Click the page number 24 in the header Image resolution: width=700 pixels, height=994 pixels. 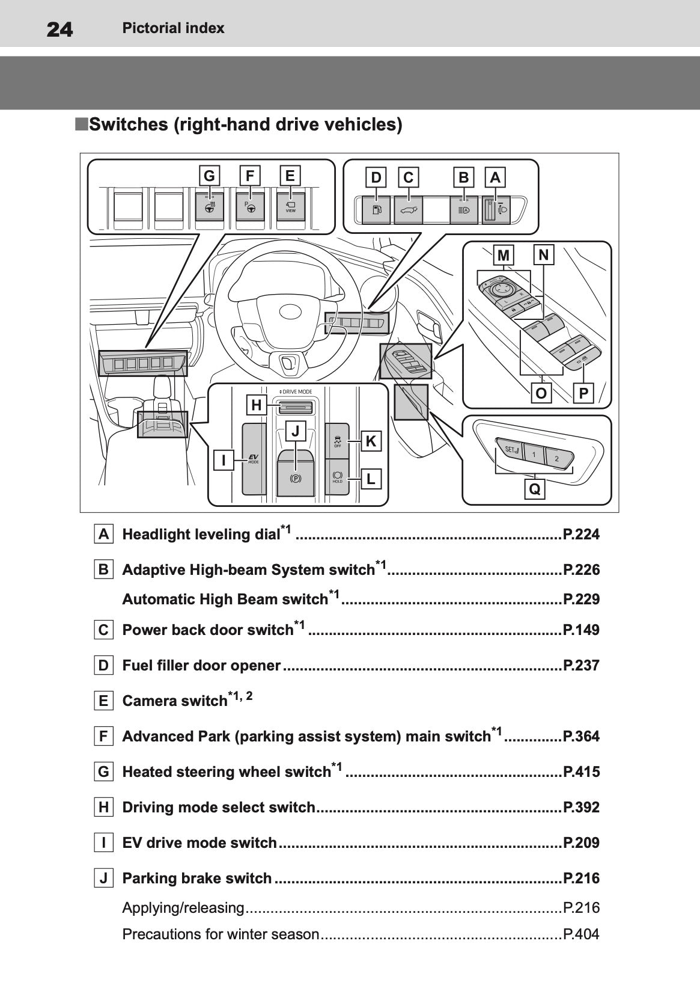[59, 29]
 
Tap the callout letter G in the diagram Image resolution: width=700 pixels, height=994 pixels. [209, 176]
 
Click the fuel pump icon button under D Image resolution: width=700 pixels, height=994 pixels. [376, 210]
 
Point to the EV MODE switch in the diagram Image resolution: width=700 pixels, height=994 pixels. [254, 459]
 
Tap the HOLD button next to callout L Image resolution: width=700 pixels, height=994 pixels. [337, 477]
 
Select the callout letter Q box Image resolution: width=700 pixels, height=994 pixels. [534, 489]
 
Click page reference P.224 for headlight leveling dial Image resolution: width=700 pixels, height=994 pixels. [580, 534]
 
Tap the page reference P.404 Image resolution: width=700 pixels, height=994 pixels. [580, 934]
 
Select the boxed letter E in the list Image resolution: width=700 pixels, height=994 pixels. [103, 701]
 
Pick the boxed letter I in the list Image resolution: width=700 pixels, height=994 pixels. [103, 842]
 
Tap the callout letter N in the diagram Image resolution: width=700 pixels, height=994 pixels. [544, 255]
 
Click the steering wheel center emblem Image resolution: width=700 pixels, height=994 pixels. [291, 311]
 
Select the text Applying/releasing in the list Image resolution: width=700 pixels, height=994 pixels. [183, 907]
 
